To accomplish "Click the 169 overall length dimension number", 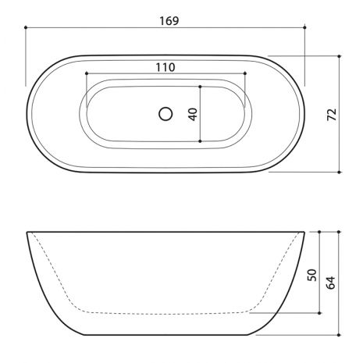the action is [x=169, y=21].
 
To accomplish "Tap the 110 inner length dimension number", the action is [x=165, y=67].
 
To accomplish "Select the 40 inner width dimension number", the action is [x=193, y=114].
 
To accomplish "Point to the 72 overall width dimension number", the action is [x=332, y=114].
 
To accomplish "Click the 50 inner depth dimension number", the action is [x=312, y=275].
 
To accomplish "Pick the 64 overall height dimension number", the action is [x=331, y=283].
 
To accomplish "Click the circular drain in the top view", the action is [x=165, y=114].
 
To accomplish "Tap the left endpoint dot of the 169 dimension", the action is [x=26, y=27].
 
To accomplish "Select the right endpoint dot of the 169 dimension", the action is [x=304, y=27].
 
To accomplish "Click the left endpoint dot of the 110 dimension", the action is [x=87, y=73].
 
